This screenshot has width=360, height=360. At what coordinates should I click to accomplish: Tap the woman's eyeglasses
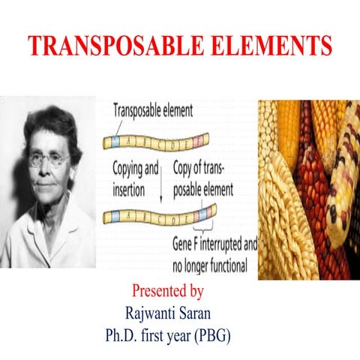49,159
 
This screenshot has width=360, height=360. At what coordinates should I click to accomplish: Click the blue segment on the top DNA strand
115,140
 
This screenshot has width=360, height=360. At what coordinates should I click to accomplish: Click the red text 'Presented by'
167,290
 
